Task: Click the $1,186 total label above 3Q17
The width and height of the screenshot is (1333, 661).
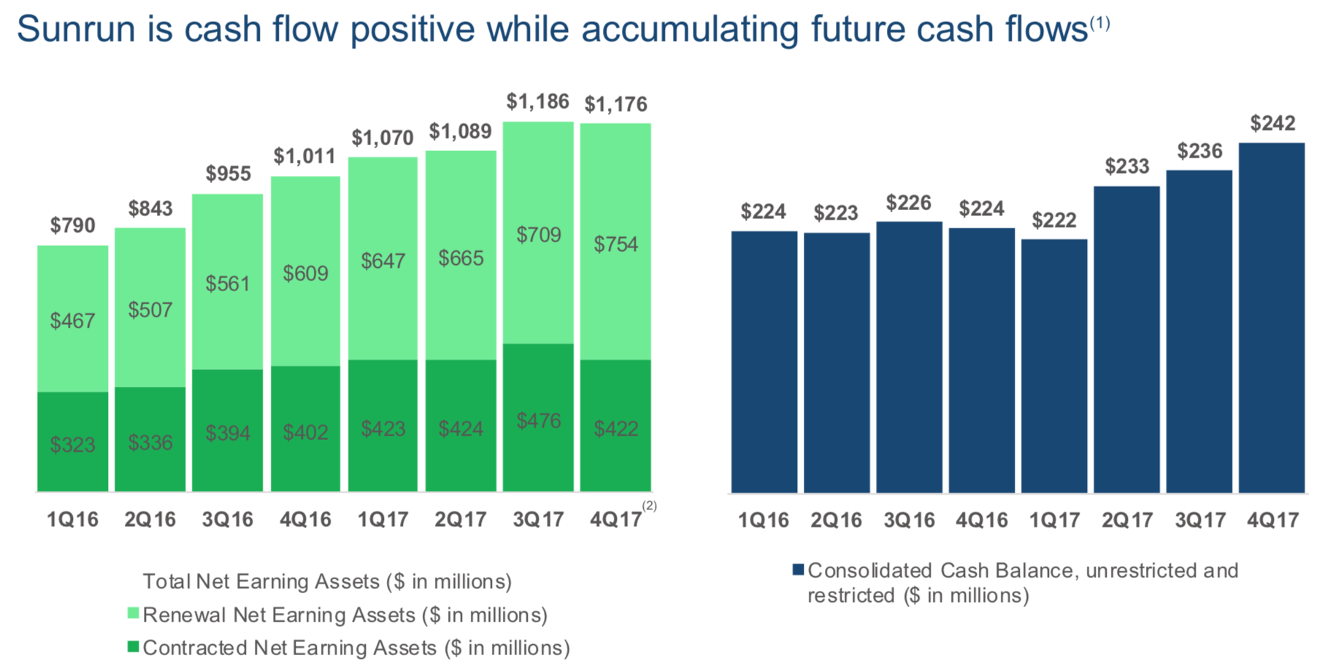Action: [537, 101]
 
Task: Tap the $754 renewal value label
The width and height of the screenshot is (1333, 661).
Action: [615, 244]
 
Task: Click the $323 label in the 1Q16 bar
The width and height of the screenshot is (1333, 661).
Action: [72, 444]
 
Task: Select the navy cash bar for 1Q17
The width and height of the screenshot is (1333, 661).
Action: [1053, 365]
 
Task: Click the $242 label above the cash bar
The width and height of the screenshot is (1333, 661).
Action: [1272, 123]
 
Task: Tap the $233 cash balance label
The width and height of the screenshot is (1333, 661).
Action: [1126, 166]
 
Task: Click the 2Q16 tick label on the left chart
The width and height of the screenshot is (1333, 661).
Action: [150, 519]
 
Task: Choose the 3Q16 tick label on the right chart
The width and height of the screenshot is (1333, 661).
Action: [909, 520]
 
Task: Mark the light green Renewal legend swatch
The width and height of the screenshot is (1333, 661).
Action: [133, 614]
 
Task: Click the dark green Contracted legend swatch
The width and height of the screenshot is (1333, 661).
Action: [133, 646]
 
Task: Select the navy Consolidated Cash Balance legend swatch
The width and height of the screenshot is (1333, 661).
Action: [798, 570]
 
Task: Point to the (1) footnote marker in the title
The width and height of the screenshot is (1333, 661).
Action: [1099, 23]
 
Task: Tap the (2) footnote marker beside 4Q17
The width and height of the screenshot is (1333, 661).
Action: [649, 506]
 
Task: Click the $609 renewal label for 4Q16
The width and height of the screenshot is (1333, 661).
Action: [305, 274]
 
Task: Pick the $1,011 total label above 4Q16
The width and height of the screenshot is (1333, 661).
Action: [304, 156]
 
